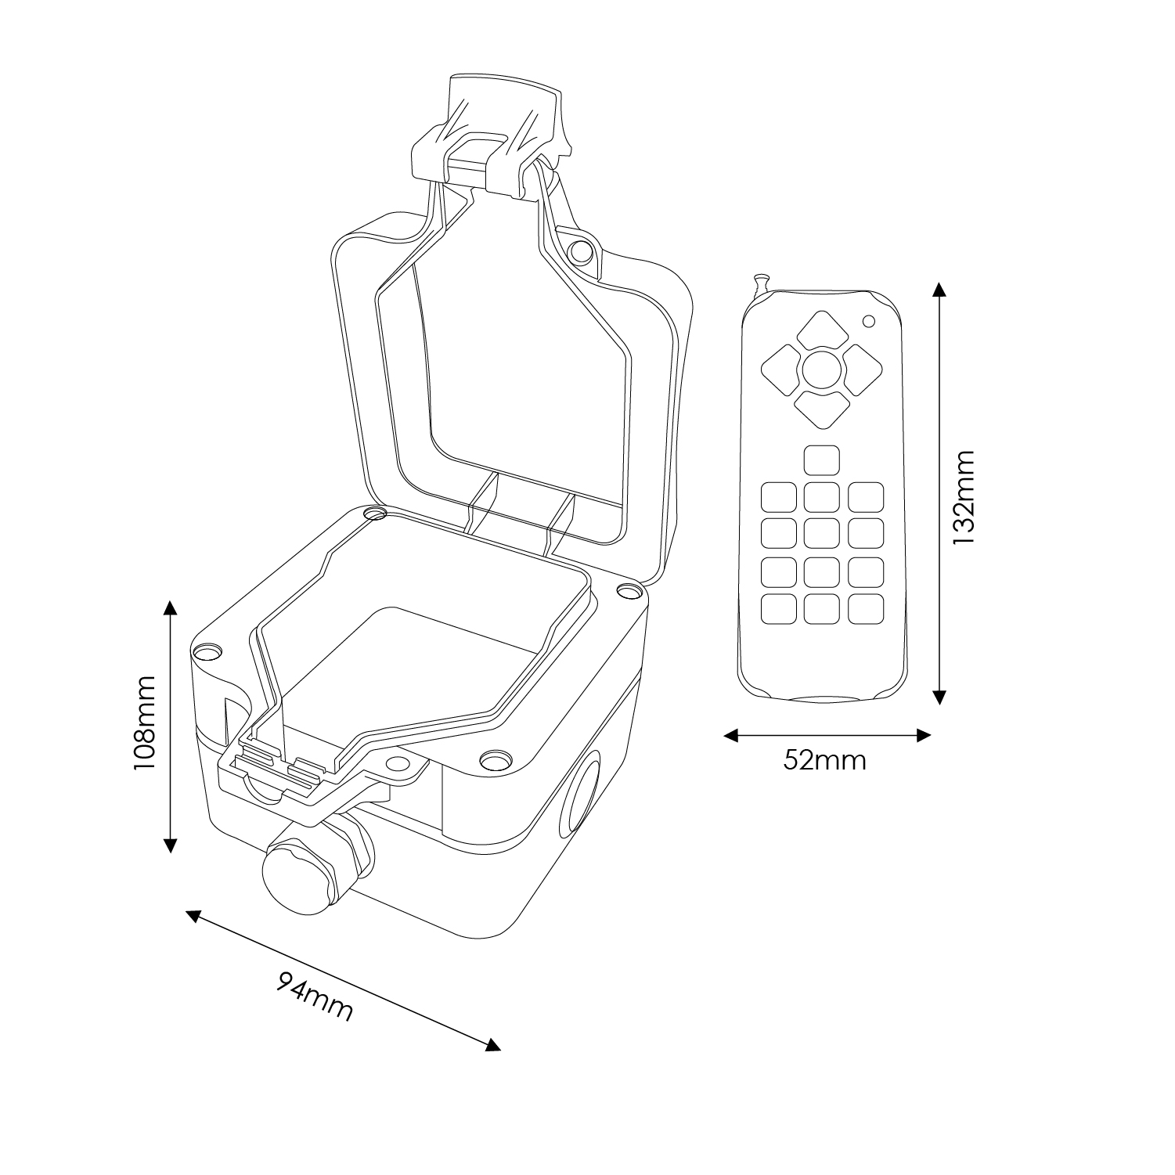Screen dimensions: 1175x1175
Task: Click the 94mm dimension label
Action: pos(315,997)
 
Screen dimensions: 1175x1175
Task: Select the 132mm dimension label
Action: pos(964,497)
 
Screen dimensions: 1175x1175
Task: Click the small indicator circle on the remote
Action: pos(868,320)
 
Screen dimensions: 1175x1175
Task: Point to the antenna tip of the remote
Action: pos(758,278)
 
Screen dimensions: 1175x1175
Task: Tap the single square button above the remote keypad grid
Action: pos(821,460)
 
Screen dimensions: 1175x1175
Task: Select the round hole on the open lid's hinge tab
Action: pos(580,251)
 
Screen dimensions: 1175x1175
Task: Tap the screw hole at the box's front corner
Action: pos(493,759)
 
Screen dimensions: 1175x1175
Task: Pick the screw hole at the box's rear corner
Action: pos(376,514)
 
